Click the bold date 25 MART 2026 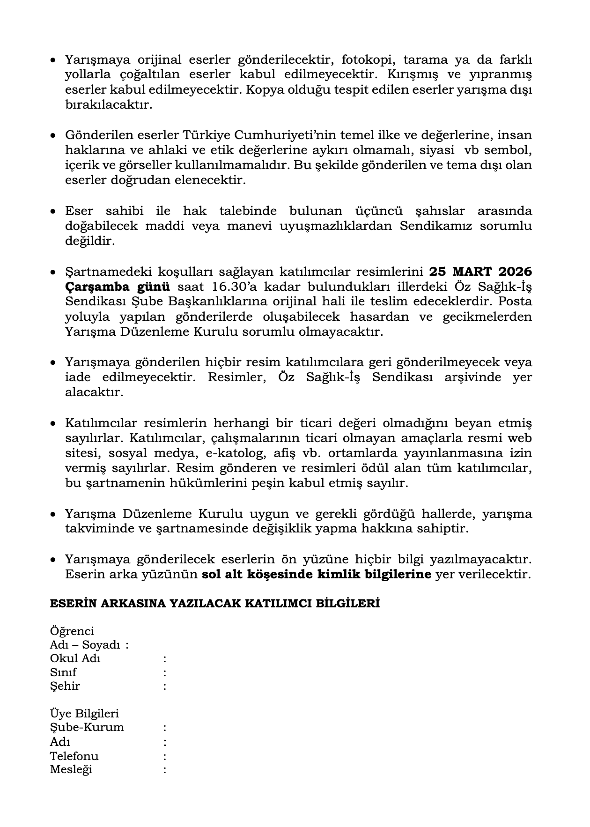tap(480, 272)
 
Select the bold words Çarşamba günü tap(117, 287)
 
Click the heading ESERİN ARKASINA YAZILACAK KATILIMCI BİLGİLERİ tap(214, 604)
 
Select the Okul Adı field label tap(75, 658)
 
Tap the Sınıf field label tap(63, 672)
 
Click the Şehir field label tap(65, 686)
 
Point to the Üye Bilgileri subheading tap(84, 714)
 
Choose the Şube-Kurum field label tap(87, 728)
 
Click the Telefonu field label tap(74, 756)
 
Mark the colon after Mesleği tap(165, 769)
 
